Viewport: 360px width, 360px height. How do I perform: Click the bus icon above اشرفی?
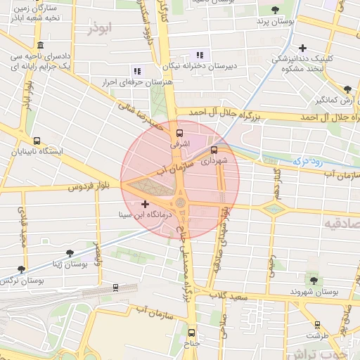click(x=179, y=131)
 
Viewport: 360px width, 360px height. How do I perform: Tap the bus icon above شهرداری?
click(x=214, y=149)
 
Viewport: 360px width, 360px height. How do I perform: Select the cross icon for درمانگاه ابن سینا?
click(x=146, y=204)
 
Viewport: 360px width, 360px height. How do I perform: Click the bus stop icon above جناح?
click(x=193, y=334)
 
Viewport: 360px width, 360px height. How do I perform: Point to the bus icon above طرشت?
click(x=318, y=325)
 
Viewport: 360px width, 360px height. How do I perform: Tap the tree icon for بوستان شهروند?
click(x=314, y=280)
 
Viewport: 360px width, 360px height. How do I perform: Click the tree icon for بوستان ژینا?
click(x=69, y=253)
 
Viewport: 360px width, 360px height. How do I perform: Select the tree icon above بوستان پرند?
click(x=274, y=11)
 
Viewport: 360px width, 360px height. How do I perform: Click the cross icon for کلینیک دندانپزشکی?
click(x=302, y=49)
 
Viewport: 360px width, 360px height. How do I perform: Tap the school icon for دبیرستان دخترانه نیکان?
click(x=200, y=54)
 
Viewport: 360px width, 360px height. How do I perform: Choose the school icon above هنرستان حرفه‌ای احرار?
click(x=136, y=70)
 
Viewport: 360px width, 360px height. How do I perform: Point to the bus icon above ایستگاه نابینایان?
click(x=37, y=140)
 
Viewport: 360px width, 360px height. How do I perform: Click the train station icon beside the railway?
click(x=115, y=287)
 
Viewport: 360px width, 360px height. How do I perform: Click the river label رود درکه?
click(x=307, y=162)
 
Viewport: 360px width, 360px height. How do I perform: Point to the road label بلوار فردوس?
click(x=89, y=187)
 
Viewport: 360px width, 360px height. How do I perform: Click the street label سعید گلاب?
click(x=233, y=295)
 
